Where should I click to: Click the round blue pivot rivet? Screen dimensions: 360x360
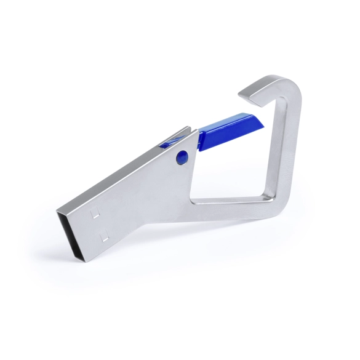point(181,157)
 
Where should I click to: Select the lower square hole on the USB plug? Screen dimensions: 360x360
point(106,234)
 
